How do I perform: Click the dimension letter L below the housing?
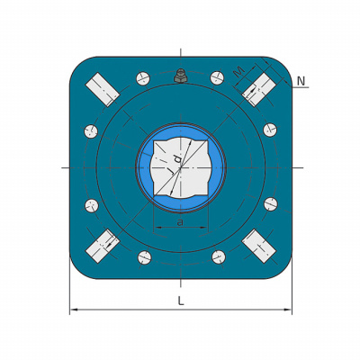tap(181, 301)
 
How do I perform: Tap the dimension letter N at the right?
tap(301, 81)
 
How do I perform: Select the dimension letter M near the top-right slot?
tap(239, 72)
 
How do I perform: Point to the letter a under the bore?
tap(180, 222)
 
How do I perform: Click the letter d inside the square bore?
tap(177, 158)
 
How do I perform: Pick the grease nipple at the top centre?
tap(181, 76)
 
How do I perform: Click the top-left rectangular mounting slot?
tap(103, 89)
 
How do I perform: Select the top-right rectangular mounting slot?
tap(259, 89)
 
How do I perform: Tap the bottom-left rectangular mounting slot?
tap(103, 247)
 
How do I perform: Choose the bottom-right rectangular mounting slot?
tap(259, 247)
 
